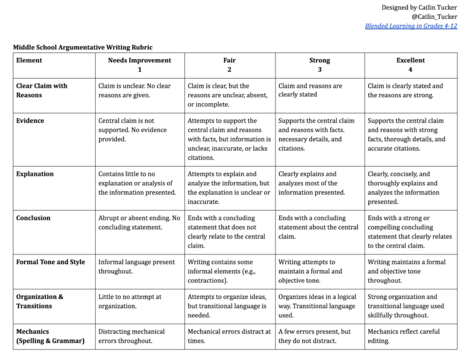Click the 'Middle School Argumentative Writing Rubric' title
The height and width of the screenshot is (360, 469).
83,47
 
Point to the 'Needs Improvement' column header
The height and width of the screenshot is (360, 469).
139,60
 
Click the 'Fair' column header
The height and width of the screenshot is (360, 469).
230,60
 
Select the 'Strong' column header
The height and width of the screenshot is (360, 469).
319,60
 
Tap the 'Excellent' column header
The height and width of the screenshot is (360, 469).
410,60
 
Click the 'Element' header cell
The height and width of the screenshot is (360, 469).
29,60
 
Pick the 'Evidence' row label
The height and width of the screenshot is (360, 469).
31,121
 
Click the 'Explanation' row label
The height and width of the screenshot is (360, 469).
35,174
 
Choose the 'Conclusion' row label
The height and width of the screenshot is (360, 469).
33,218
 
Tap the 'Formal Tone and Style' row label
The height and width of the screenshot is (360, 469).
51,262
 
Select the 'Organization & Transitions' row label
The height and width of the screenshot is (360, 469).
40,301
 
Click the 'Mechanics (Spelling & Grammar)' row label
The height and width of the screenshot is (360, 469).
50,336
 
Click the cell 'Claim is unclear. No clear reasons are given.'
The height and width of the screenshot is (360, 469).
135,90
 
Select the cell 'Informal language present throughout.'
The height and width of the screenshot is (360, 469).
136,267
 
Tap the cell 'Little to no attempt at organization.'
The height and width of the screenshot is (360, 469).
129,301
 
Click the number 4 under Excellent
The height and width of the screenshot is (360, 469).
410,70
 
